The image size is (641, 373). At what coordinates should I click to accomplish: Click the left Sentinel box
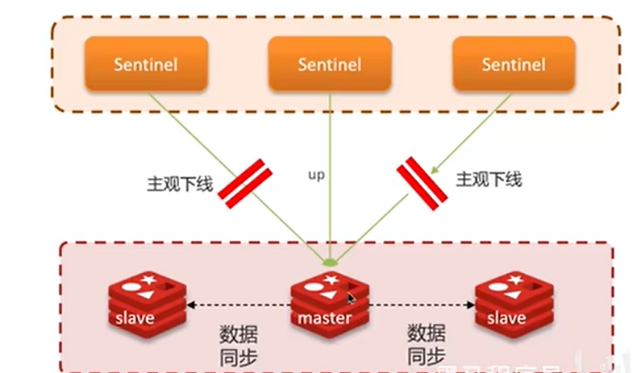point(146,64)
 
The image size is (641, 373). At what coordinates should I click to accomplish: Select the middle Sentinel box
point(330,64)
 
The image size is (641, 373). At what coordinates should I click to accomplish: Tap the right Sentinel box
point(514,64)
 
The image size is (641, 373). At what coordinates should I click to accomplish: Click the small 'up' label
point(316,174)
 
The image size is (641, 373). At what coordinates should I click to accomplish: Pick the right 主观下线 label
point(489,179)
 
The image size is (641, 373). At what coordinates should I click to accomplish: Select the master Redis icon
point(325,303)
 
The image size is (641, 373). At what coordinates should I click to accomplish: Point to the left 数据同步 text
point(238,344)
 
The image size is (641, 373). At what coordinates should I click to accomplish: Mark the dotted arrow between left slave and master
point(239,305)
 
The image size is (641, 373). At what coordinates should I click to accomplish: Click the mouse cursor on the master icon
point(351,299)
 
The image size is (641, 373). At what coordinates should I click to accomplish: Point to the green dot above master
point(328,263)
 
